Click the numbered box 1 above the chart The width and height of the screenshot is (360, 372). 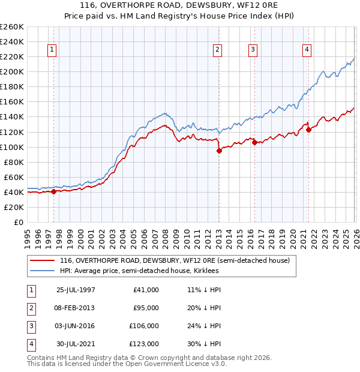(53, 50)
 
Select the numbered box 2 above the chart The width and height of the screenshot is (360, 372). (217, 50)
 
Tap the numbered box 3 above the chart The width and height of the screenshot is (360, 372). (253, 50)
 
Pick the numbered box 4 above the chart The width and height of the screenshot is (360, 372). (307, 50)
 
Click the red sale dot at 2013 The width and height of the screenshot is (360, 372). (219, 151)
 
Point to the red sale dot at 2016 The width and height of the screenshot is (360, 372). (254, 143)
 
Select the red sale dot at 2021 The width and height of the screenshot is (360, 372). (308, 130)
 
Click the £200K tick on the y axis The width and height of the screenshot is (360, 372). (12, 71)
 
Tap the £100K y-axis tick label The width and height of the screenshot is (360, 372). (12, 147)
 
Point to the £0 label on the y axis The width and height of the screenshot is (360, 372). (18, 222)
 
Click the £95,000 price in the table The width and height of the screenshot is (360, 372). (146, 308)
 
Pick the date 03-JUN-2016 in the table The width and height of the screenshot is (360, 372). (76, 326)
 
